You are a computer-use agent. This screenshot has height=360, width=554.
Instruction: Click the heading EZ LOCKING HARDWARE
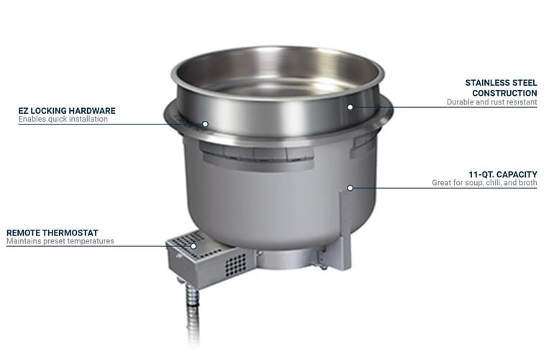click(67, 111)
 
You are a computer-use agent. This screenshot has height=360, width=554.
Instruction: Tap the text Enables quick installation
click(63, 120)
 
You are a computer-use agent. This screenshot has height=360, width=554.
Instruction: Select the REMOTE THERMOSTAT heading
click(53, 233)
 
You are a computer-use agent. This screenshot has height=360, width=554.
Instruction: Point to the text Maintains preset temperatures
click(60, 241)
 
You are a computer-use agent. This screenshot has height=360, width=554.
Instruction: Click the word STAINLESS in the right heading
click(485, 83)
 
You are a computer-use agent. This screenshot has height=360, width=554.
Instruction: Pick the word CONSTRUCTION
click(504, 93)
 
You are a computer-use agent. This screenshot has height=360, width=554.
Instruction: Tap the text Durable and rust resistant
click(492, 102)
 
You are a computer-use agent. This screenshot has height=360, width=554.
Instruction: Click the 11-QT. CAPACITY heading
click(503, 174)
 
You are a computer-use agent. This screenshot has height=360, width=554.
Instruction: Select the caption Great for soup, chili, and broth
click(484, 183)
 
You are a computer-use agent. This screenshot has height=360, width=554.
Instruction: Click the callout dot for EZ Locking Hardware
click(205, 124)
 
